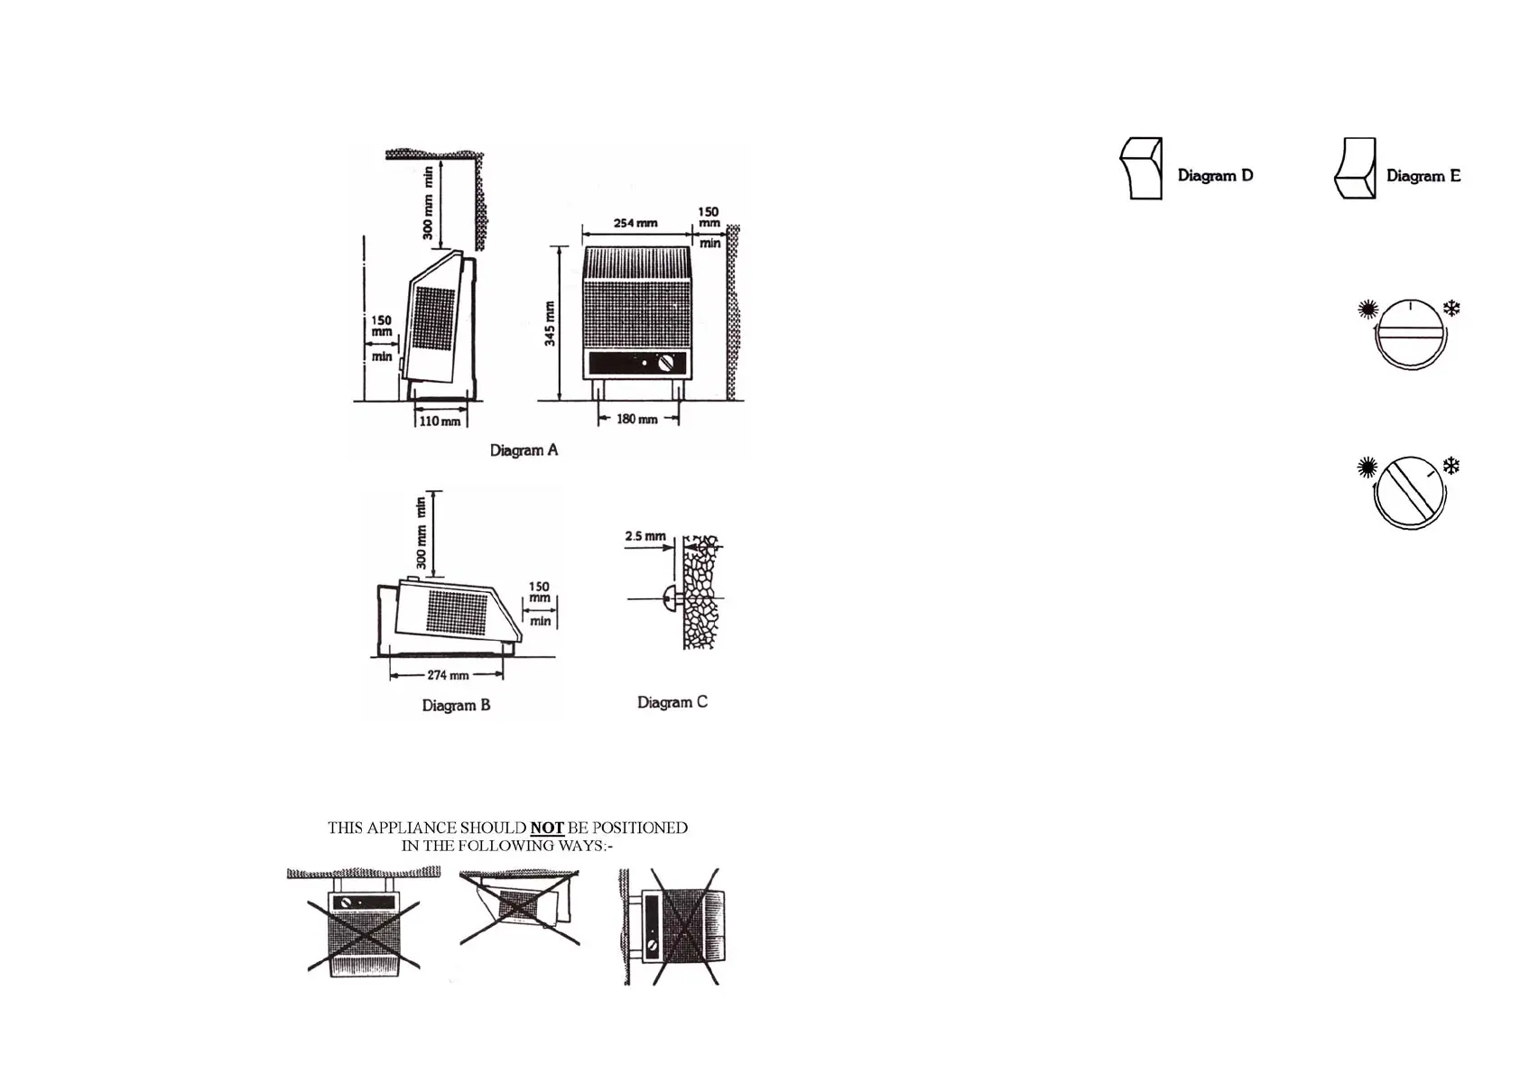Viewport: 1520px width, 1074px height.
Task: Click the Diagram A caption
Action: pos(524,449)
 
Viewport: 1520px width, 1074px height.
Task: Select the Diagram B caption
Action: pos(456,705)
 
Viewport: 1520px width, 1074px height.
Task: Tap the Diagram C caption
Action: pos(672,702)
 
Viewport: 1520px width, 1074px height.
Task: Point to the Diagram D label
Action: pos(1215,175)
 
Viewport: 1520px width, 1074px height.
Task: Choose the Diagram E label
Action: pos(1423,175)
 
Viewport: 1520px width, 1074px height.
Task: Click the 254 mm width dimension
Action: pos(635,223)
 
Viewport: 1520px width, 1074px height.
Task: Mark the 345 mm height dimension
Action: pos(550,323)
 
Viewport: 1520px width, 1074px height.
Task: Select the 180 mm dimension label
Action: pos(636,419)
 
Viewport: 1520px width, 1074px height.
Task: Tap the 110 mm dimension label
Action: pos(440,421)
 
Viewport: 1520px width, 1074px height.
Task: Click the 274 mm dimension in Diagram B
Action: pos(448,675)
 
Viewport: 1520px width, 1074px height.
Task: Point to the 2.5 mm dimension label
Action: pos(645,536)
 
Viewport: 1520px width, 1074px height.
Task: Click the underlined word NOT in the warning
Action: pos(546,828)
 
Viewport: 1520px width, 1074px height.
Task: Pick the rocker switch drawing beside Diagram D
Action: pos(1141,169)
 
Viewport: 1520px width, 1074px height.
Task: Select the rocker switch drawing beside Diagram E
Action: pos(1355,169)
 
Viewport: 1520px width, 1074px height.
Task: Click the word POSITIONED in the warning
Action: pos(639,828)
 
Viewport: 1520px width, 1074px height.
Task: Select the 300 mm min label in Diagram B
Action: pos(421,532)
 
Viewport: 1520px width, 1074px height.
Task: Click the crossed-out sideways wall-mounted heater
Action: pos(672,926)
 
